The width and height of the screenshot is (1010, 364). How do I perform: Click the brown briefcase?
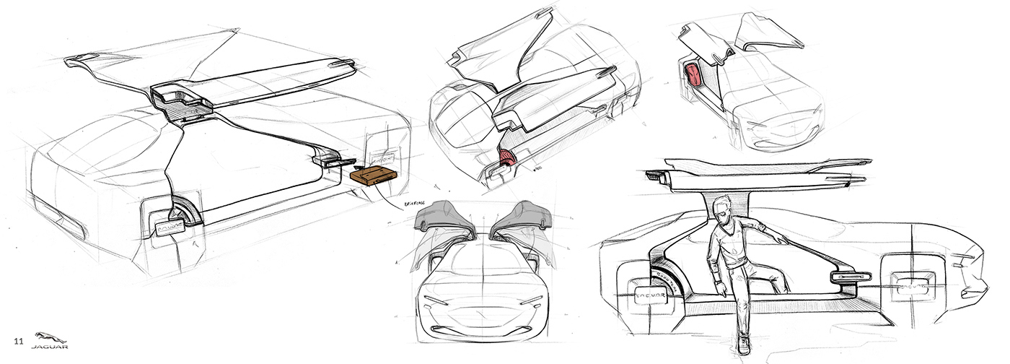pos(372,175)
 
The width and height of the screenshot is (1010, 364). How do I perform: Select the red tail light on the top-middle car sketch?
pos(508,159)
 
